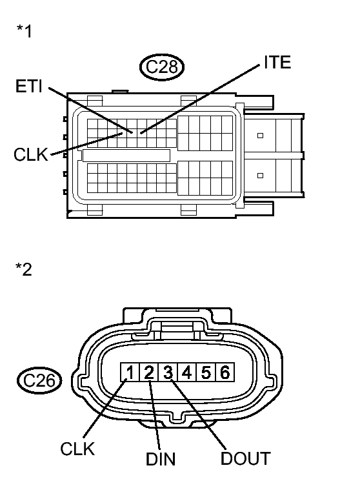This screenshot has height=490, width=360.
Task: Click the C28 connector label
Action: coord(163,66)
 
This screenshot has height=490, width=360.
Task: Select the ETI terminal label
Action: coord(30,87)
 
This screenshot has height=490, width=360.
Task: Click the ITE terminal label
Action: coord(277,63)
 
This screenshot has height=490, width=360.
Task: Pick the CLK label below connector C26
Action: coord(78,449)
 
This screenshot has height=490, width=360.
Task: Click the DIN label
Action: coord(160,460)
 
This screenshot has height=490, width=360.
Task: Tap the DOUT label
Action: coord(245,458)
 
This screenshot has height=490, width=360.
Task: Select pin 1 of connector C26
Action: coord(131,373)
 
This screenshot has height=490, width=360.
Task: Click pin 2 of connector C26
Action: coord(149,373)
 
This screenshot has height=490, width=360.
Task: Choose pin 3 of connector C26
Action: coord(168,373)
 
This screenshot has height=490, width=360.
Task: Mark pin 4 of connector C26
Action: coord(186,373)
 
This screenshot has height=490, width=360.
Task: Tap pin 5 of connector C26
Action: coord(205,373)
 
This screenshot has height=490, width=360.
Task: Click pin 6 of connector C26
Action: coord(223,373)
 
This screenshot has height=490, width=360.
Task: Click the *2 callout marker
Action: coord(24,269)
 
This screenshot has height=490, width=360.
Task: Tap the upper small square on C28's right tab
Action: coord(260,136)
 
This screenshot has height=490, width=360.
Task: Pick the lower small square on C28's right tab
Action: coord(260,175)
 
